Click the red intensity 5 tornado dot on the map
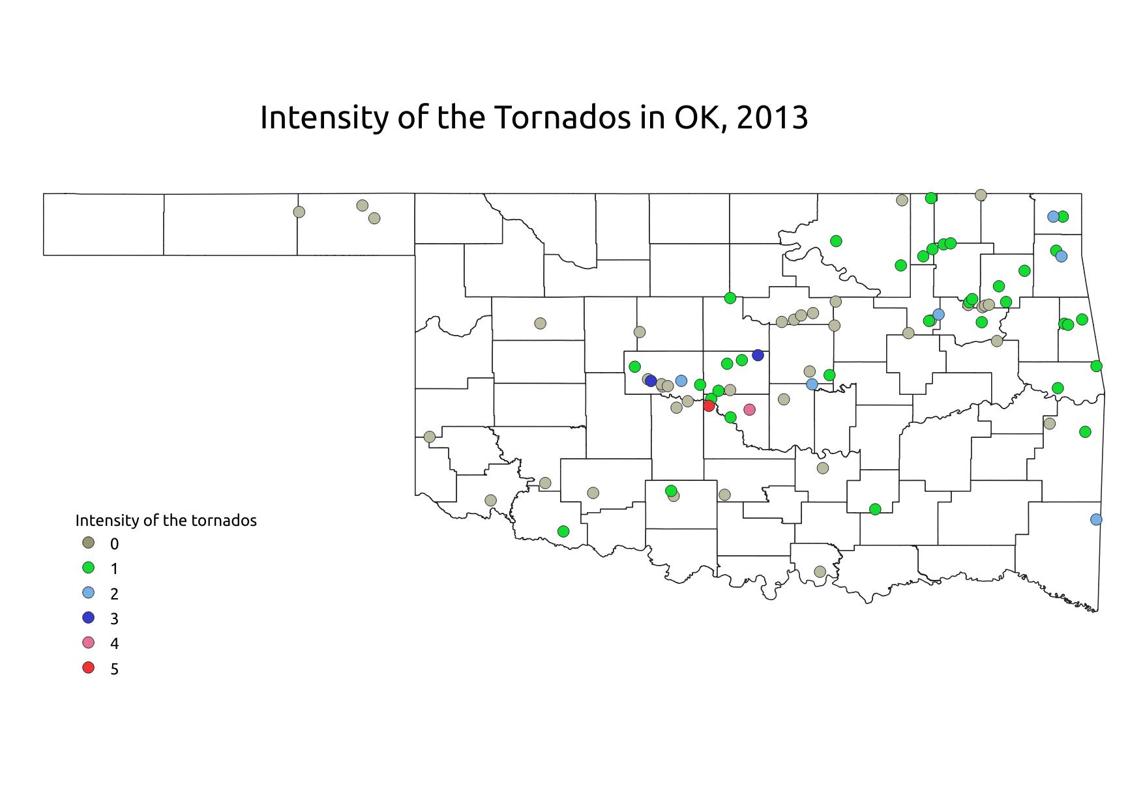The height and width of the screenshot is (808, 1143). coord(709,405)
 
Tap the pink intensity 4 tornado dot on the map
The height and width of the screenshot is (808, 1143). coord(749,410)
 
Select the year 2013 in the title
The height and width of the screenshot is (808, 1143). coord(771,118)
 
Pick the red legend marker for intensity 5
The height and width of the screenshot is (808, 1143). coord(89,668)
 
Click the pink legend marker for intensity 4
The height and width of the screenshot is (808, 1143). coord(89,642)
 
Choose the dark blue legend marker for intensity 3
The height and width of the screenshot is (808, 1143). coord(89,618)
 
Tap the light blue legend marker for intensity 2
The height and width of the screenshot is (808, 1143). coord(89,592)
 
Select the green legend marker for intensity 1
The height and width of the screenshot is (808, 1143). coord(89,568)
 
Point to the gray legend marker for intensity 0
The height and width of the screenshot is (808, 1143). coord(89,543)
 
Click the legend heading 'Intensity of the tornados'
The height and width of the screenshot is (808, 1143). coord(166,521)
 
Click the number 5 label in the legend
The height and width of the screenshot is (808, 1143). coord(115,669)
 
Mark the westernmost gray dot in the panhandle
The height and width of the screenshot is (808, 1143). coord(299,212)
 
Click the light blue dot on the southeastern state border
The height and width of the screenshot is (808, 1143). coord(1096,519)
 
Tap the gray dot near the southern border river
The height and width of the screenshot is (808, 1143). coord(820,571)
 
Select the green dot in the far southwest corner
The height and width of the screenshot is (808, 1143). coord(564,531)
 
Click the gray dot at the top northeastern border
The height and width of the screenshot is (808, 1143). coord(981,195)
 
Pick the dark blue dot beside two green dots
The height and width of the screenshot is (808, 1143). coord(758,355)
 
